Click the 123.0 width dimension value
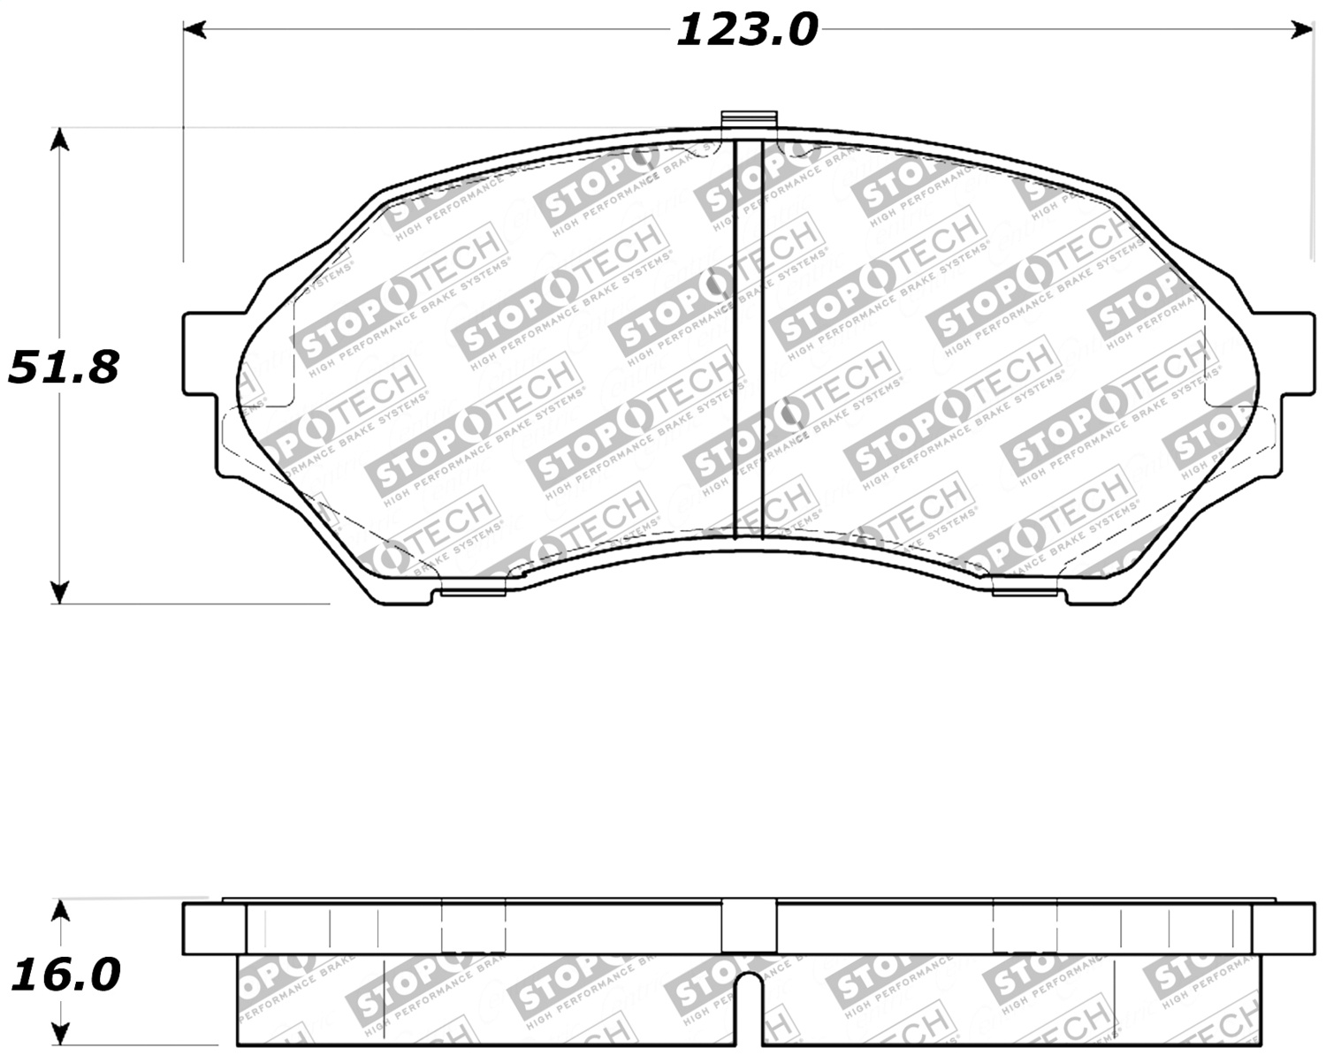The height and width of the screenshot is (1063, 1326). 747,31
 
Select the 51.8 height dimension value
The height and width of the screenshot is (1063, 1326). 64,367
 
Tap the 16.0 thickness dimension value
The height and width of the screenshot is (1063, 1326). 65,976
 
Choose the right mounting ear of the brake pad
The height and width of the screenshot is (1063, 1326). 1295,353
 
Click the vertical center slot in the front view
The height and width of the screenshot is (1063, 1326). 749,340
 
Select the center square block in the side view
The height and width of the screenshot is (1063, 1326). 749,927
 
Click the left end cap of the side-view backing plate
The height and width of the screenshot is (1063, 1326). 214,929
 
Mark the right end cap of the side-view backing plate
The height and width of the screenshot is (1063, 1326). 1284,929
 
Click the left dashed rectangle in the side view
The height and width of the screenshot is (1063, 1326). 474,927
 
